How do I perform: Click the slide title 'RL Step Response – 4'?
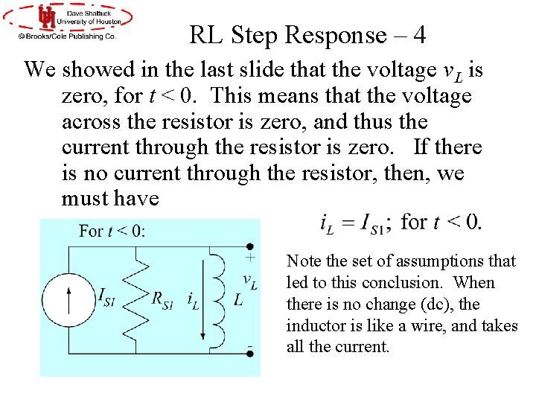[307, 35]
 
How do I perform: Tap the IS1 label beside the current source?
[107, 296]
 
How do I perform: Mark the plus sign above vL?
[250, 258]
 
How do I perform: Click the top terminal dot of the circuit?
[250, 246]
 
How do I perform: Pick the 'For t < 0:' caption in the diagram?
[112, 231]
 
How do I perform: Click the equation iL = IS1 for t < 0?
[401, 222]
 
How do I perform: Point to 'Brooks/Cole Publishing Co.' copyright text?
[67, 35]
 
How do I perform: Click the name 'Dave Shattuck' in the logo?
[91, 12]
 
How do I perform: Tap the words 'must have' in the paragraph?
[110, 199]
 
